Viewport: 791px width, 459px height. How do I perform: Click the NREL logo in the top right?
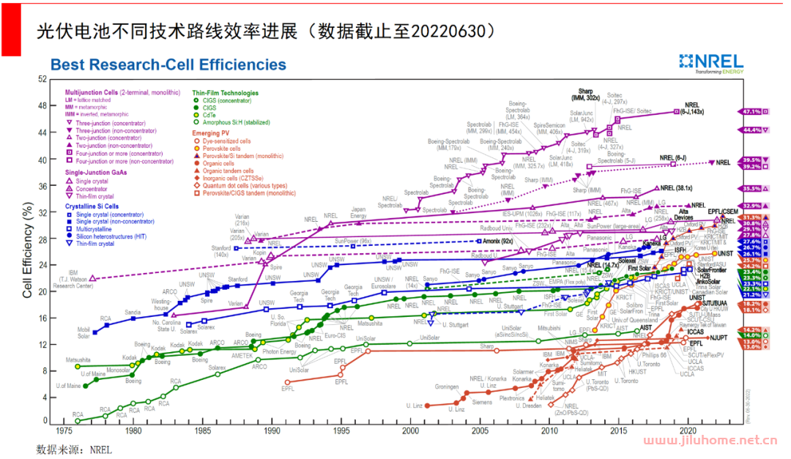pos(710,64)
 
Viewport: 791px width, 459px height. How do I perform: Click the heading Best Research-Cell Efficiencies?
pos(168,64)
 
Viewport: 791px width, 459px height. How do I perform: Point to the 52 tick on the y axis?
pos(42,79)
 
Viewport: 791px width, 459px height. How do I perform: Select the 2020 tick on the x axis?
pos(688,431)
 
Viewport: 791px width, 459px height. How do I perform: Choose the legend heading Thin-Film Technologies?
pos(225,94)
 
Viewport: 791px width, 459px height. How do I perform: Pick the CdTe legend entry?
pos(209,115)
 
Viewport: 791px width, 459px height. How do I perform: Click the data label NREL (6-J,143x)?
pos(694,108)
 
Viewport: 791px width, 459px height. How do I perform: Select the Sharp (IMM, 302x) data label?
pos(584,94)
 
